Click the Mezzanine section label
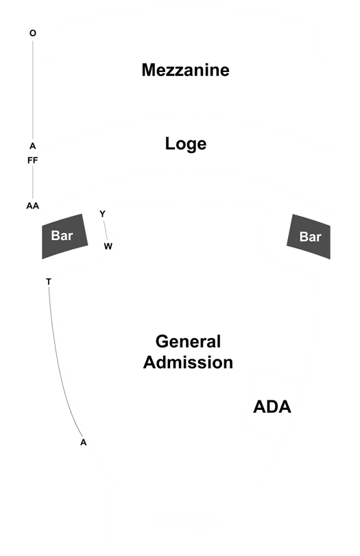(x=186, y=70)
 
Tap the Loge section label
(x=186, y=144)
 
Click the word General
(x=188, y=341)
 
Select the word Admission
(x=188, y=363)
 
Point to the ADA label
(x=272, y=407)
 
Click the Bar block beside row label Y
(x=64, y=236)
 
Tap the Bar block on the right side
(x=309, y=237)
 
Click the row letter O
(x=33, y=33)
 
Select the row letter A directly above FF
(x=33, y=146)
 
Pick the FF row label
(x=33, y=160)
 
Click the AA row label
(x=33, y=206)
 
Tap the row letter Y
(x=102, y=214)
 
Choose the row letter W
(x=108, y=246)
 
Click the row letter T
(x=49, y=282)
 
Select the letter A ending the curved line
(x=84, y=442)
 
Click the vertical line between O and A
(x=33, y=90)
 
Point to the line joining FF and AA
(x=33, y=182)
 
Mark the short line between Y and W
(x=106, y=230)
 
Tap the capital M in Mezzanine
(x=149, y=70)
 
